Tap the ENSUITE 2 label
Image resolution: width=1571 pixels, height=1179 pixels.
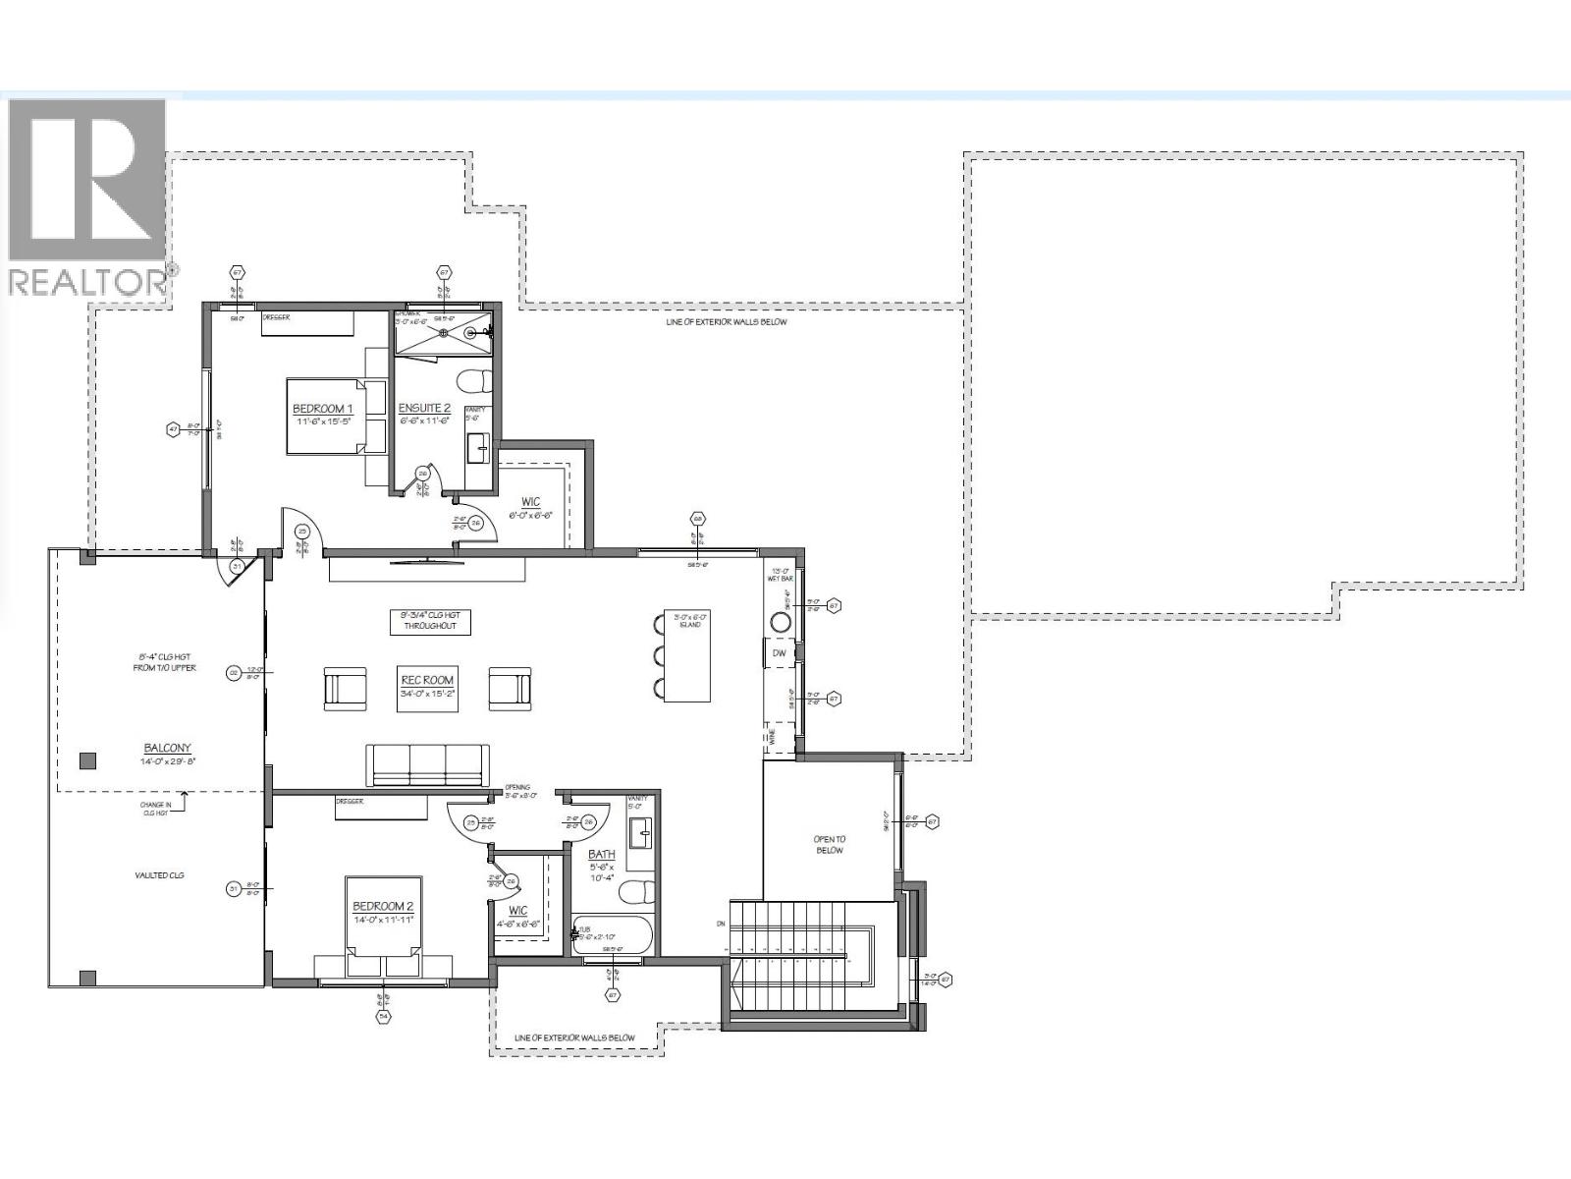click(424, 409)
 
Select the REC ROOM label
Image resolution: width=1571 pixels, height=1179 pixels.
click(427, 680)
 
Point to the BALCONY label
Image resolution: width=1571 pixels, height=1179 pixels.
click(166, 748)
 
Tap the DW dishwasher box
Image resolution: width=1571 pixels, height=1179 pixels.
click(779, 652)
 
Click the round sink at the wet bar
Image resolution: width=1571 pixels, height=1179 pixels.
click(782, 622)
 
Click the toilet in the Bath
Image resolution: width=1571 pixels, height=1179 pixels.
click(639, 892)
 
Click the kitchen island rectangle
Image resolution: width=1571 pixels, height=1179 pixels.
click(687, 656)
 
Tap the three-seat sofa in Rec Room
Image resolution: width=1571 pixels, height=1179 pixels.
click(427, 764)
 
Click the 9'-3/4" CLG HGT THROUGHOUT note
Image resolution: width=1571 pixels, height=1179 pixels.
click(431, 621)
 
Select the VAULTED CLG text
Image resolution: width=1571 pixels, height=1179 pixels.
click(159, 875)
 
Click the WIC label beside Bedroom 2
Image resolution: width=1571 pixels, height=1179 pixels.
click(518, 911)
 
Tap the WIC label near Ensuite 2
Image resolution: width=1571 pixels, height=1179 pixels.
click(530, 502)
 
